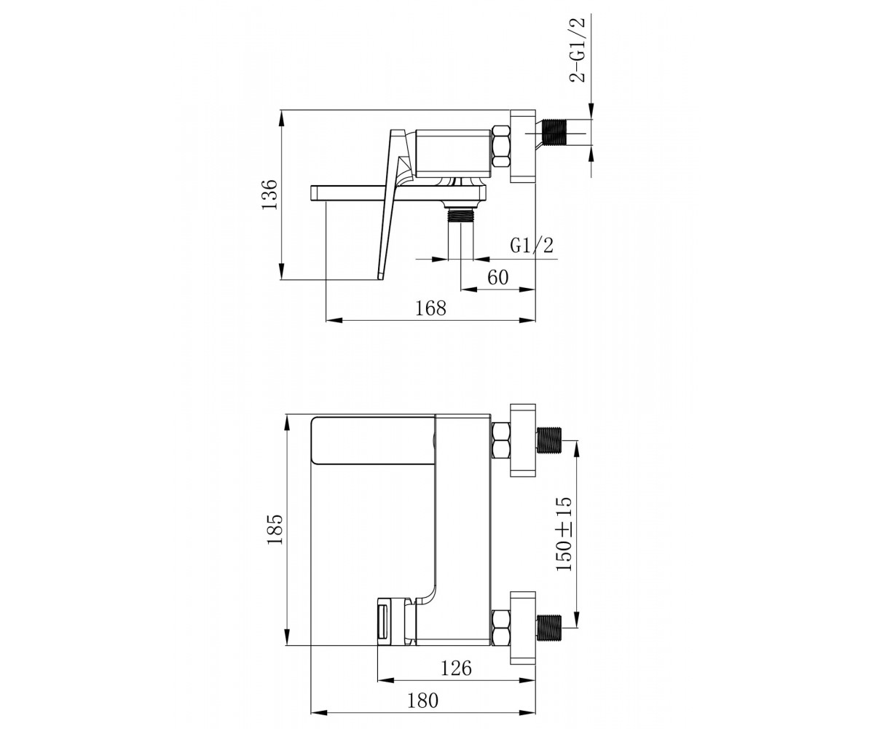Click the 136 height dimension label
pos(269,195)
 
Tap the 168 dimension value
pos(430,308)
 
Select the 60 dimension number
pos(497,277)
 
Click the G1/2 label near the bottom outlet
pos(532,245)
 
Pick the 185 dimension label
pos(275,529)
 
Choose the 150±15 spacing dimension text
pos(564,534)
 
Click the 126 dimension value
pos(456,679)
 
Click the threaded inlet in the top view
pos(554,133)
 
